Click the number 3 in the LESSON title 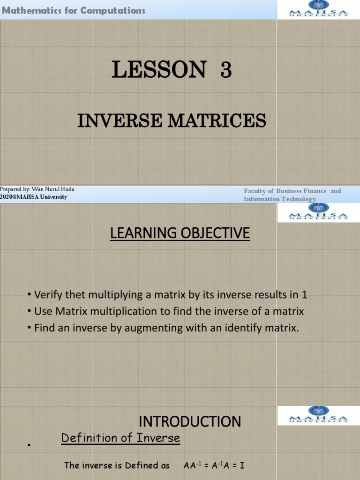point(225,71)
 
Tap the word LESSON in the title point(158,71)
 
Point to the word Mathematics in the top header point(30,10)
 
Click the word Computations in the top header point(112,10)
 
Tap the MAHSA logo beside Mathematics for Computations point(319,9)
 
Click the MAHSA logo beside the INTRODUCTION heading point(319,415)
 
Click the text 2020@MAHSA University point(33,197)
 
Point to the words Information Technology point(280,199)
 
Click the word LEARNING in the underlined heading point(141,232)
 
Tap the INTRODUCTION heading point(190,421)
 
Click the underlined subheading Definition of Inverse point(120,438)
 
